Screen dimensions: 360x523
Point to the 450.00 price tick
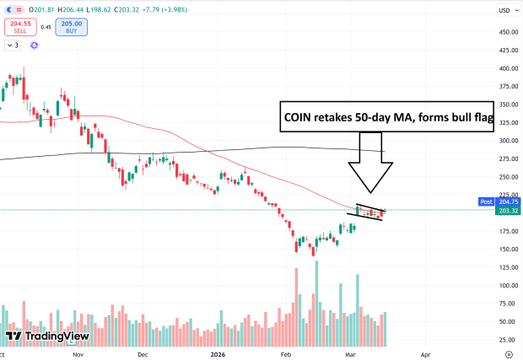pyautogui.click(x=507, y=33)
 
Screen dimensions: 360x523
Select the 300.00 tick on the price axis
pyautogui.click(x=507, y=141)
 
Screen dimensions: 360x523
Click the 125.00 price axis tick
pyautogui.click(x=507, y=267)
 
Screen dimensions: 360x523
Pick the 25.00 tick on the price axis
pyautogui.click(x=507, y=340)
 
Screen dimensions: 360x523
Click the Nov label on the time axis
pyautogui.click(x=78, y=355)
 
